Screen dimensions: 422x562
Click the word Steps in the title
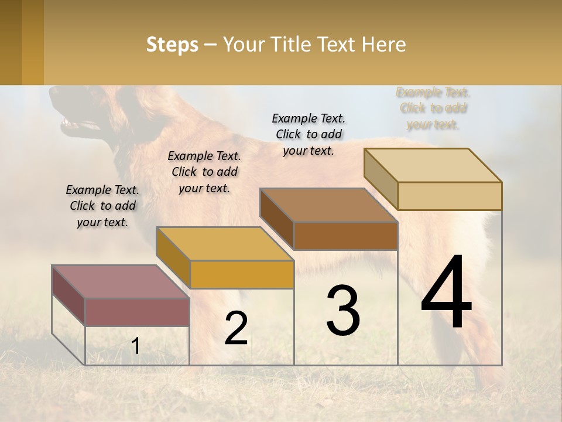172,45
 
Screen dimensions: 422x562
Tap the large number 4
446,293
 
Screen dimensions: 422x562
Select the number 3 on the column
343,311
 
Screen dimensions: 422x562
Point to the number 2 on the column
236,328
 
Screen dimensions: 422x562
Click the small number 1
135,346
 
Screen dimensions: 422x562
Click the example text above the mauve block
102,206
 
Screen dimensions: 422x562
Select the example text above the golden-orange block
204,172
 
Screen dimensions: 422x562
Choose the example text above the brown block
309,134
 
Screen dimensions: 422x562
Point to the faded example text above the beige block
433,108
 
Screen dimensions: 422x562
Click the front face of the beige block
450,196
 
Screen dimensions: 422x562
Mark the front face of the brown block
345,236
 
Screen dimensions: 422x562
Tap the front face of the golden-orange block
241,274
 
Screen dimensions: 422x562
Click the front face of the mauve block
137,312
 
